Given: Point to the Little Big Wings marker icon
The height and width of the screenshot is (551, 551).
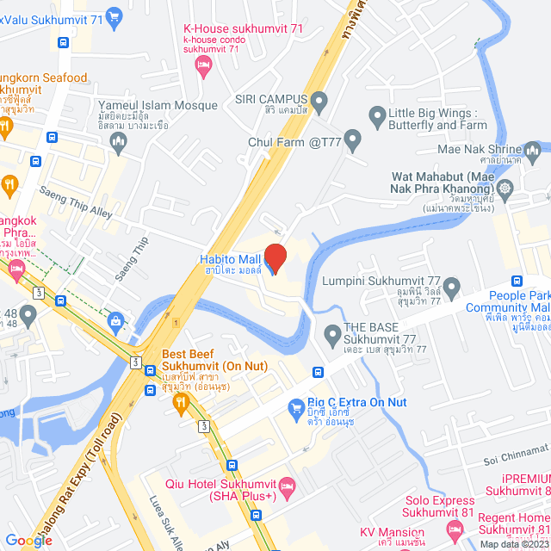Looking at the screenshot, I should (375, 114).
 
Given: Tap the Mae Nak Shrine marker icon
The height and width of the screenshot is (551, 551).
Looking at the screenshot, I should (534, 153).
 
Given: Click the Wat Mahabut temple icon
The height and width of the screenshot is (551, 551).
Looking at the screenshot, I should (504, 187).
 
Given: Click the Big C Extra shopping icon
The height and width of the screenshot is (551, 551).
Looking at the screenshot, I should (295, 404).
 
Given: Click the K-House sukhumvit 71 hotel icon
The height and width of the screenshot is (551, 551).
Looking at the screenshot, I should (203, 65).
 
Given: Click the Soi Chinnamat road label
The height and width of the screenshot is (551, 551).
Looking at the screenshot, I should (513, 448).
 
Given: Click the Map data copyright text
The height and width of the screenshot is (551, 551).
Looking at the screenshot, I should (513, 544).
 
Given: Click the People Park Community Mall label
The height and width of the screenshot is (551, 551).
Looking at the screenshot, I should (508, 300).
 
